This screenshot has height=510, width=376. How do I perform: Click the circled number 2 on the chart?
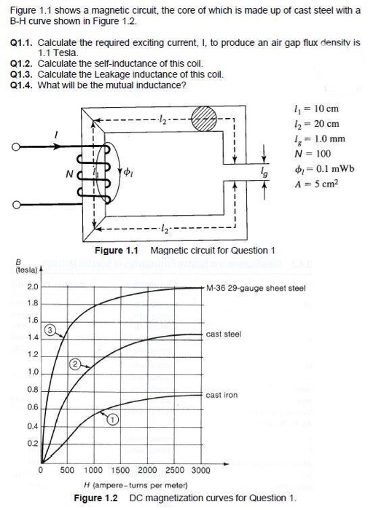(x=74, y=363)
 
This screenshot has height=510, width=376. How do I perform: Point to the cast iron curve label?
(x=223, y=395)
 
